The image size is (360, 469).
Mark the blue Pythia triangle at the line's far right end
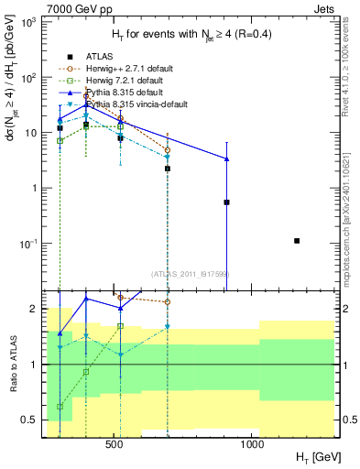(226, 159)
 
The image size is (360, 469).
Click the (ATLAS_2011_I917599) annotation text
(189, 273)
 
